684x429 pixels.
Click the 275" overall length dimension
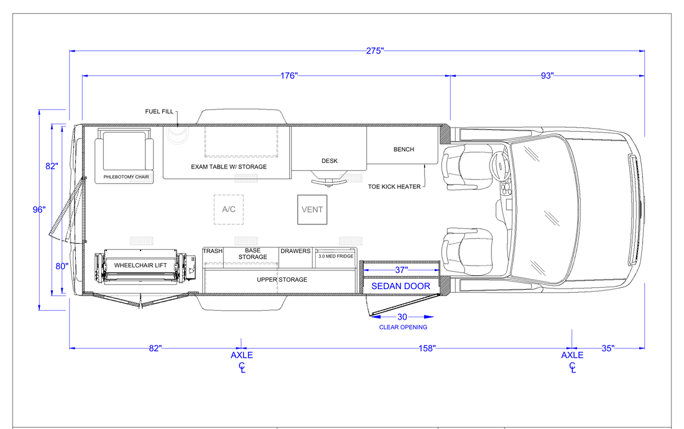(x=375, y=51)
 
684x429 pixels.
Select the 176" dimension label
(x=289, y=76)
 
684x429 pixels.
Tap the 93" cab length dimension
(x=547, y=76)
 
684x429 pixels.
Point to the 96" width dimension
(x=39, y=210)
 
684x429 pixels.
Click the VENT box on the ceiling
(x=312, y=210)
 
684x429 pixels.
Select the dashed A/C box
(x=229, y=210)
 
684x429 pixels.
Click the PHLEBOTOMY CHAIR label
(x=126, y=177)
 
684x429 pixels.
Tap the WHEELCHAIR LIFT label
(x=141, y=265)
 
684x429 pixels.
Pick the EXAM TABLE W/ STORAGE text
(x=229, y=167)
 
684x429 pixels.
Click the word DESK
(x=330, y=161)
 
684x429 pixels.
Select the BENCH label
(x=404, y=149)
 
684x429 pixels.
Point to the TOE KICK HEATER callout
(x=394, y=187)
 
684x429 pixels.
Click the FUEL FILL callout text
(x=159, y=112)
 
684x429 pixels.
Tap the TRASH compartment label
(x=213, y=251)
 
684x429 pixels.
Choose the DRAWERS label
(x=295, y=251)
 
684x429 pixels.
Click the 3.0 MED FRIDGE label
(x=336, y=256)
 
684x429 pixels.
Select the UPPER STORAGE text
(x=282, y=279)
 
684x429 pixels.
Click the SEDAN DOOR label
(x=400, y=286)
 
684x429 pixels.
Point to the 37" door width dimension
(x=401, y=270)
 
